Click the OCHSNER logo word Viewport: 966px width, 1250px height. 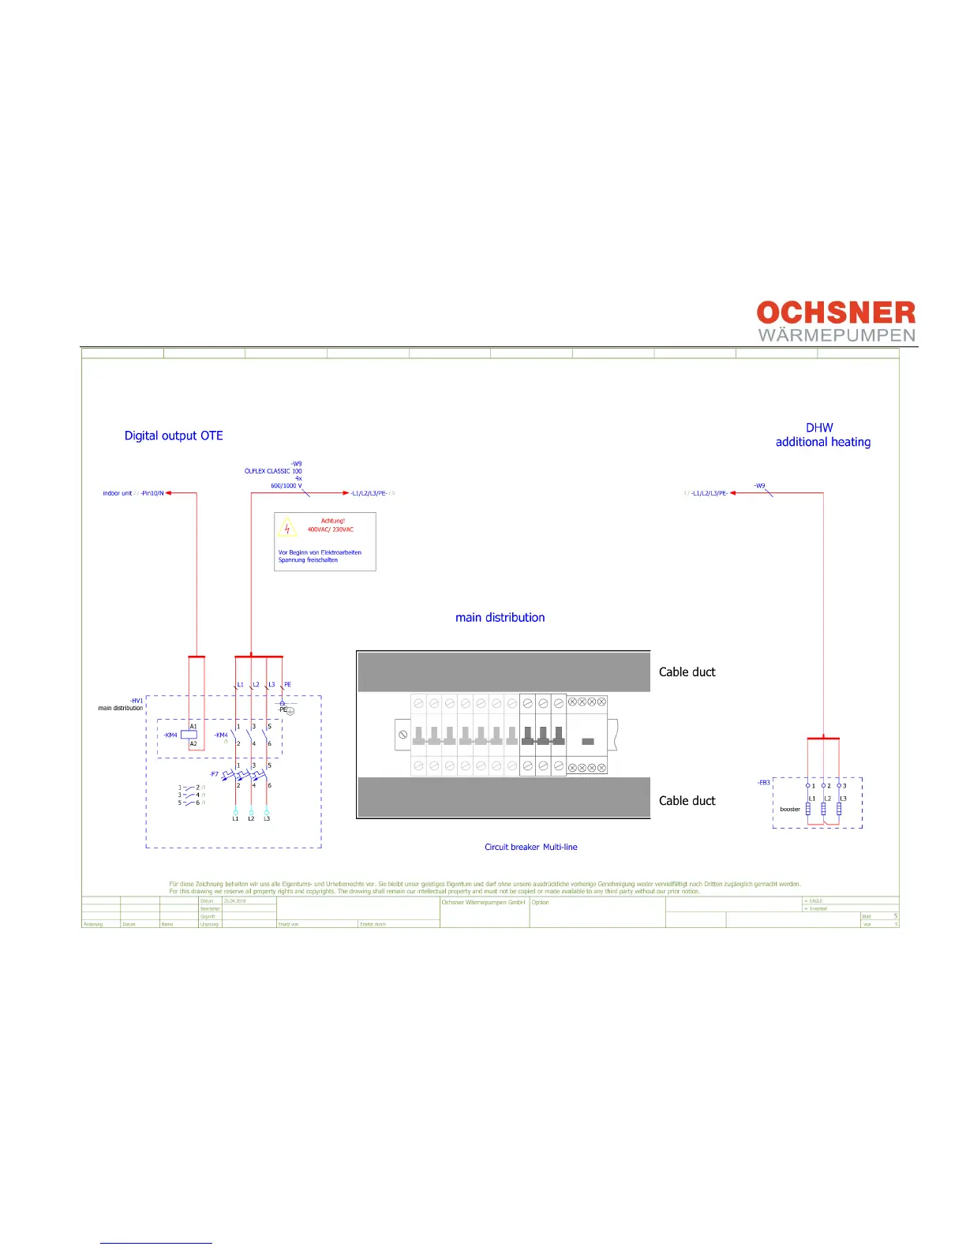click(x=836, y=312)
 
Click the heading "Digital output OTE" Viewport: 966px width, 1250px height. click(x=174, y=436)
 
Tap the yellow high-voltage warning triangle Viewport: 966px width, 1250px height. click(x=287, y=526)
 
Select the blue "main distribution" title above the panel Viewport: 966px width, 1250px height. click(x=500, y=618)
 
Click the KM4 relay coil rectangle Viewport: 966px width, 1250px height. click(x=189, y=735)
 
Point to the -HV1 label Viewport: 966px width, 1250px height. click(x=137, y=701)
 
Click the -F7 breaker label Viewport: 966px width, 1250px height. click(x=214, y=774)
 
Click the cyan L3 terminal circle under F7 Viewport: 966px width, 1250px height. click(x=267, y=811)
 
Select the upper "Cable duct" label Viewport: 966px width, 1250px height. click(x=687, y=672)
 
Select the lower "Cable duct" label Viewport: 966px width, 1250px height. click(x=687, y=801)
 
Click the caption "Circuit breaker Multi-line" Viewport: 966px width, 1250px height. click(x=530, y=848)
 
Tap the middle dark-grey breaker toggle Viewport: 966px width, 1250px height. click(x=543, y=736)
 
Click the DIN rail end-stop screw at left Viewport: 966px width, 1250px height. click(x=402, y=735)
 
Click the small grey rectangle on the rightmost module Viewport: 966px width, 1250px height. click(x=587, y=742)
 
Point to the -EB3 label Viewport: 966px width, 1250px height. click(x=763, y=783)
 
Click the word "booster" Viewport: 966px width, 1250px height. click(x=790, y=809)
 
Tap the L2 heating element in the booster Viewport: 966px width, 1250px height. click(x=823, y=809)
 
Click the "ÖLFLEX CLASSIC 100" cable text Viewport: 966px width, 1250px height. click(x=273, y=471)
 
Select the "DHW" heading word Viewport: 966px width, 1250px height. click(x=819, y=428)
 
